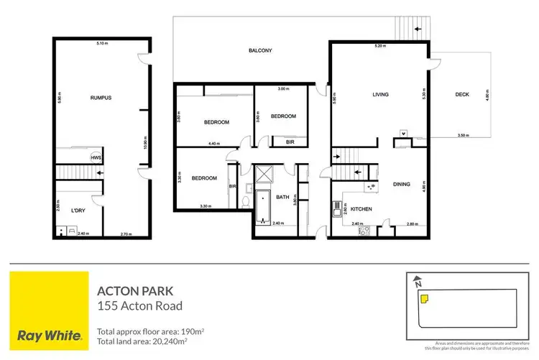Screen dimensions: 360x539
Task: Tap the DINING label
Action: click(x=401, y=185)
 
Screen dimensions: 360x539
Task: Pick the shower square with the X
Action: click(x=264, y=173)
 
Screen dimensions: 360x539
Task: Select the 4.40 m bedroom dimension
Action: click(x=213, y=144)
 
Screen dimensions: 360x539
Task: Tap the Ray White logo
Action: click(x=47, y=308)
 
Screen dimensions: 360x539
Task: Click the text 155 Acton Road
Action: click(x=139, y=306)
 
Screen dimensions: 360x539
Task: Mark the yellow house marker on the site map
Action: click(x=425, y=298)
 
